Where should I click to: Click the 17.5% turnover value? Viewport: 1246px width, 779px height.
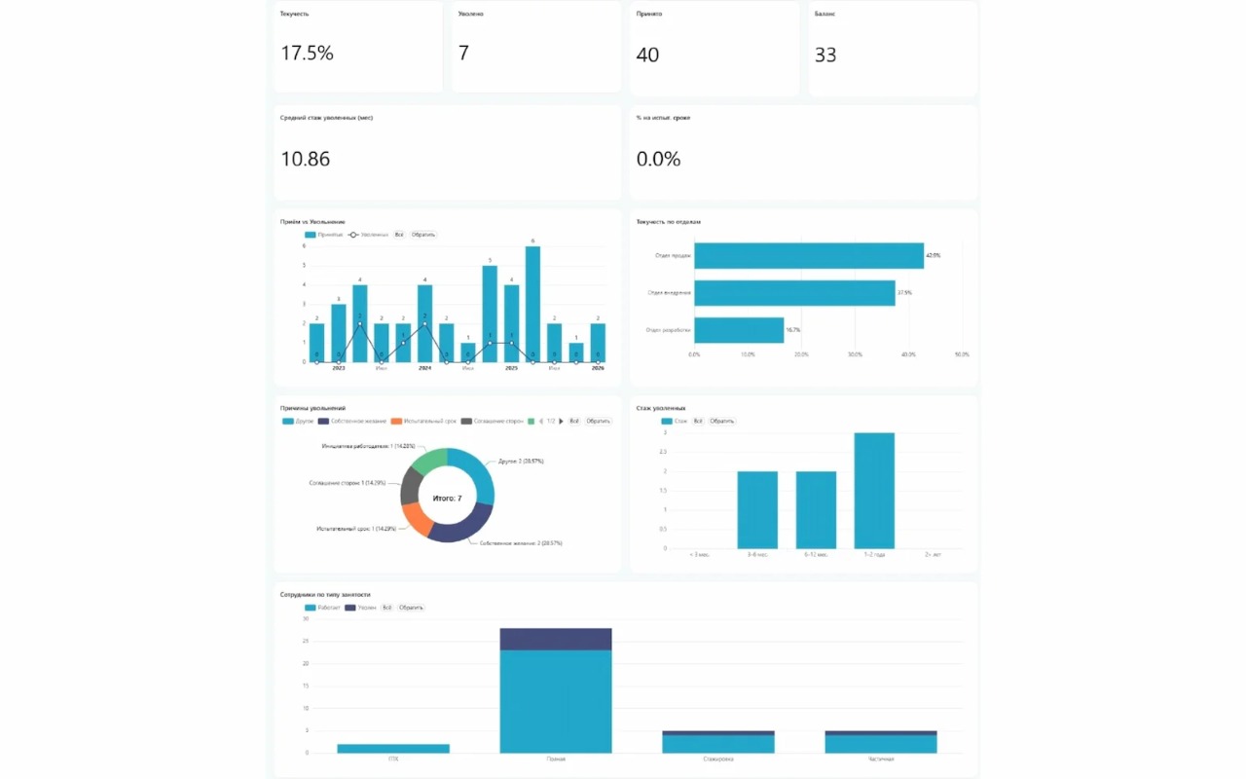click(307, 54)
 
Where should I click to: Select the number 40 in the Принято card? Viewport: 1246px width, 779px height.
click(647, 55)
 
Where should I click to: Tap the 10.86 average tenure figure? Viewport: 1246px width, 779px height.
click(306, 159)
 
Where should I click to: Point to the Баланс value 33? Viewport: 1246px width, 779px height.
click(825, 55)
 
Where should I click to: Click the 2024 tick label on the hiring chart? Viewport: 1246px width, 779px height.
click(424, 369)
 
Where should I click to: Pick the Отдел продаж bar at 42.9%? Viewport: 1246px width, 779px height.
click(808, 255)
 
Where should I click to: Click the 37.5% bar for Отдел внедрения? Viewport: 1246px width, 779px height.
click(794, 293)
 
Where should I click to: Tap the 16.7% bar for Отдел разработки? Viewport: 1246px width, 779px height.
click(739, 330)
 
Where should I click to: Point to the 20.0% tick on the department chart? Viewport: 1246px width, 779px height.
click(801, 354)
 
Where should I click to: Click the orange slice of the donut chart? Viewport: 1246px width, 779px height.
click(417, 519)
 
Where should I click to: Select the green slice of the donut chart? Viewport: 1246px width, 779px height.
click(429, 462)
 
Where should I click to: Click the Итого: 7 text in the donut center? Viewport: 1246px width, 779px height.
click(447, 498)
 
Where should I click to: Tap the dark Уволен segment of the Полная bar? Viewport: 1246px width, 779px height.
click(556, 639)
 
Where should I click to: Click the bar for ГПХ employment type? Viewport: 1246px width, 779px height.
click(393, 748)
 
